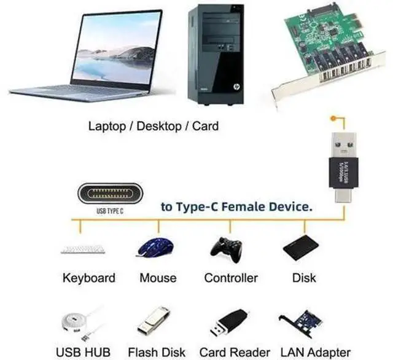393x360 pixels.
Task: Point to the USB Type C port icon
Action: tap(113, 195)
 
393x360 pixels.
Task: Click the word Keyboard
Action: tap(88, 278)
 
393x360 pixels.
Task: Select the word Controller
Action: tap(231, 278)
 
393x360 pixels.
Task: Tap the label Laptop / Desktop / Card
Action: tap(154, 127)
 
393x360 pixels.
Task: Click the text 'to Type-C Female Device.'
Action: tap(236, 207)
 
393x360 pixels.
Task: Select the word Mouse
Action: tap(158, 278)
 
